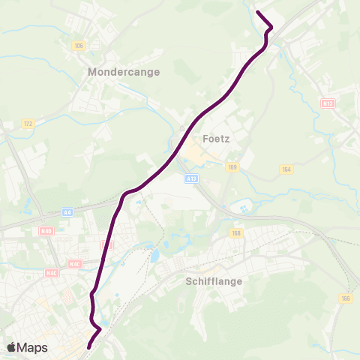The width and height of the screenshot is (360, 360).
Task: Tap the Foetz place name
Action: pos(215,139)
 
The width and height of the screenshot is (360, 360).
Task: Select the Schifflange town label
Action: pos(210,283)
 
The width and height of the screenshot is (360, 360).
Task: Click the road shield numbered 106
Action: pos(79,46)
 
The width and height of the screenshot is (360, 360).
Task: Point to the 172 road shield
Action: pos(28,123)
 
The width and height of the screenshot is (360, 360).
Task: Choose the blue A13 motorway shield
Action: pos(191,178)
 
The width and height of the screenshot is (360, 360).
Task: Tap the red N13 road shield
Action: pos(327,103)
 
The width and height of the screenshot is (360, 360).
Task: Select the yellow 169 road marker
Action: pos(232,167)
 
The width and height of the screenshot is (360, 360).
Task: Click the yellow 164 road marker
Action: pos(285,170)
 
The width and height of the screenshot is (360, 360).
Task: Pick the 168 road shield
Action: pos(237,232)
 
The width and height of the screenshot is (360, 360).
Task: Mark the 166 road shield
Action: pos(345,298)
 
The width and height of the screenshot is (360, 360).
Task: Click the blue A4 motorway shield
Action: pos(68,212)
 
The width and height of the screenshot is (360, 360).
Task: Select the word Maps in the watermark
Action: pos(33,347)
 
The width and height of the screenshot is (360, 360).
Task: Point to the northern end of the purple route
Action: pos(258,13)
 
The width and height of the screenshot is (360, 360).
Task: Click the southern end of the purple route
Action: pos(88,347)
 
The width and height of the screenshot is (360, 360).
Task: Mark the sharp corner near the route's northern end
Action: pos(271,28)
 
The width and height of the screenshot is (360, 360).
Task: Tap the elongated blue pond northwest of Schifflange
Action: pos(154,256)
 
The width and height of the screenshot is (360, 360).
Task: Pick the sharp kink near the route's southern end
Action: pos(100,328)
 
